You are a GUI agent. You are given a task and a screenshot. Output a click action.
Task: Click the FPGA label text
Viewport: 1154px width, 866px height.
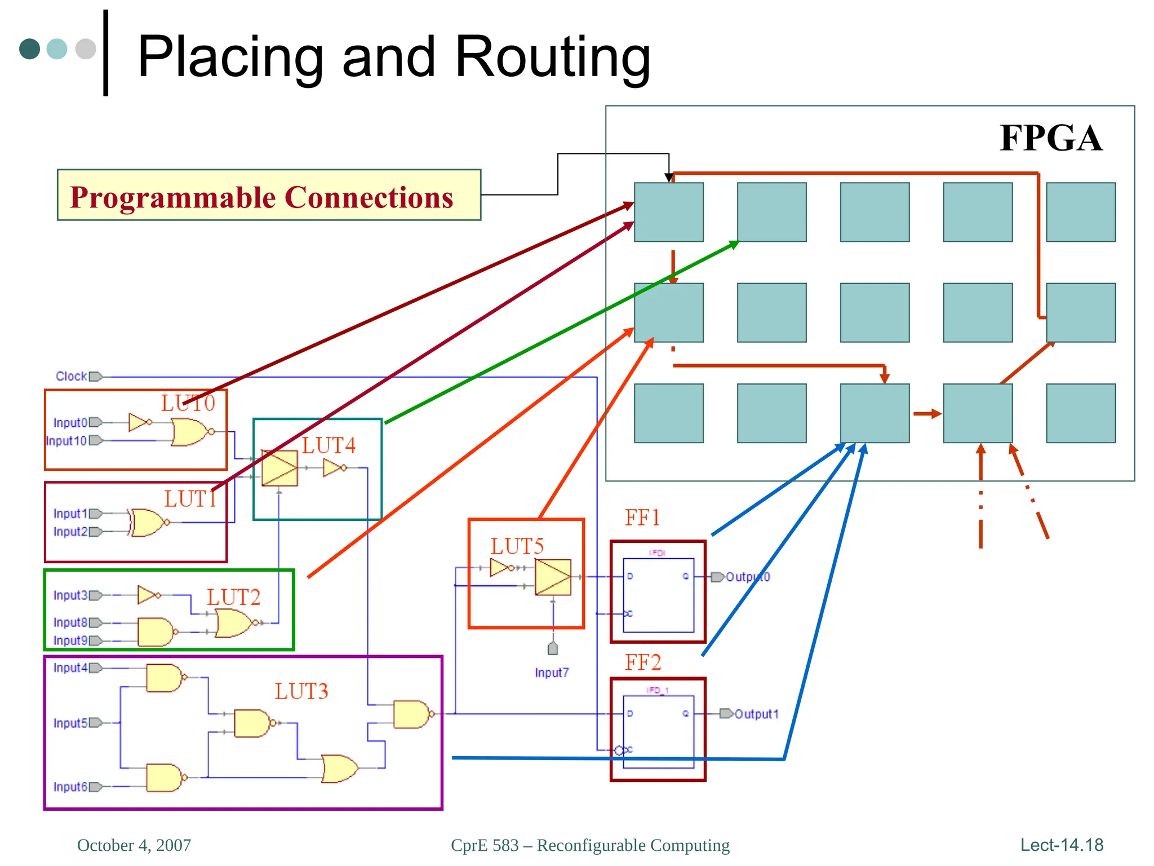[x=1050, y=138]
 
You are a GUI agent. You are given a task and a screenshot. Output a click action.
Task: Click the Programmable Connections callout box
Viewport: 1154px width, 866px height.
[x=269, y=195]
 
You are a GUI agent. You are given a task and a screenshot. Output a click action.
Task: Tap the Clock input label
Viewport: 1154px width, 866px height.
[x=71, y=376]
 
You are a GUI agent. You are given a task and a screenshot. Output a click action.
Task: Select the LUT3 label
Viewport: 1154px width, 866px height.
[x=301, y=691]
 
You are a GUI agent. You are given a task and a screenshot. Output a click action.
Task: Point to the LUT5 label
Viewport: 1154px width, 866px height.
[x=517, y=546]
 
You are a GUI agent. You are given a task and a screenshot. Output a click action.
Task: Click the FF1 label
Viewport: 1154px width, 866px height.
[x=642, y=518]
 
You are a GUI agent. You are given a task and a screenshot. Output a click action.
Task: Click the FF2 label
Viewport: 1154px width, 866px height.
[x=642, y=662]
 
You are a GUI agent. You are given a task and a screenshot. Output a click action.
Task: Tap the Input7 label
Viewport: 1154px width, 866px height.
[x=552, y=673]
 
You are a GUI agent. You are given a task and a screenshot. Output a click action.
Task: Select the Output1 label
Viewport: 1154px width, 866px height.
[x=756, y=714]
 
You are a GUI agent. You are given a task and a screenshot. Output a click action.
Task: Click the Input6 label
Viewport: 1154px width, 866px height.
[x=70, y=787]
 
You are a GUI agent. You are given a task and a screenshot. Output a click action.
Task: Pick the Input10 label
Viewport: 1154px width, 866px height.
[x=66, y=440]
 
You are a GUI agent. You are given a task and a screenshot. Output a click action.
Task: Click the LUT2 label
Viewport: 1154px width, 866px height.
[x=233, y=597]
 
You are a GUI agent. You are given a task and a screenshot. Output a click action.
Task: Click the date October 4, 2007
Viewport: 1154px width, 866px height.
[x=134, y=845]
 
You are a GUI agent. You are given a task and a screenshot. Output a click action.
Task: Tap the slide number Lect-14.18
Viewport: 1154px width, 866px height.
[x=1062, y=845]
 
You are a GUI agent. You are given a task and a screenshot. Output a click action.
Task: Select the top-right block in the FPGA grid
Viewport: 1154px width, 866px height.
[x=1080, y=212]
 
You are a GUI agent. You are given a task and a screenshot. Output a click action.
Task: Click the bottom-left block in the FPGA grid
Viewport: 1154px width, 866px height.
[x=668, y=413]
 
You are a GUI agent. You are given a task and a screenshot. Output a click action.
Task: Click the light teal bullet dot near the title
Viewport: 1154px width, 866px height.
[x=57, y=48]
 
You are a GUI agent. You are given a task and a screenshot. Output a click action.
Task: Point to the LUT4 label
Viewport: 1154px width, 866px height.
[x=329, y=445]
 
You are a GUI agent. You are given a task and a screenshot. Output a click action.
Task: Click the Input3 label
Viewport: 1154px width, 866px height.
[x=70, y=595]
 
